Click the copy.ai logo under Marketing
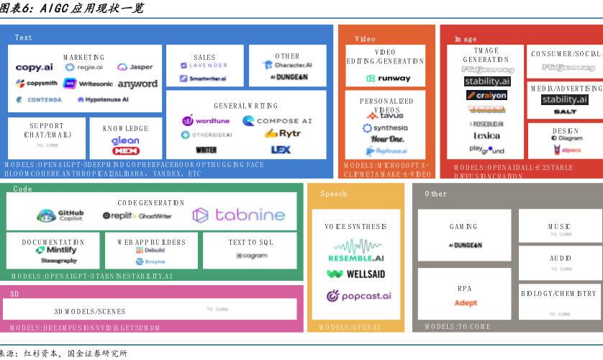[34, 67]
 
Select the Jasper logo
[135, 67]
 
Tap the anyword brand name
[137, 84]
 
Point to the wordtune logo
[206, 121]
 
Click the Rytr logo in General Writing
[283, 134]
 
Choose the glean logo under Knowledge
[125, 141]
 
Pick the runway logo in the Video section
[389, 78]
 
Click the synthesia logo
[385, 128]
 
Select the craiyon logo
[486, 96]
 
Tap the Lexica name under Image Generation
[487, 136]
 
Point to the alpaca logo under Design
[567, 150]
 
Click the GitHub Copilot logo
[61, 215]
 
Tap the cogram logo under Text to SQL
[251, 256]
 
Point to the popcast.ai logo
[358, 296]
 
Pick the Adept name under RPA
[466, 303]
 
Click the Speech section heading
[333, 194]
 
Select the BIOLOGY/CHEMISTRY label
[559, 294]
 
